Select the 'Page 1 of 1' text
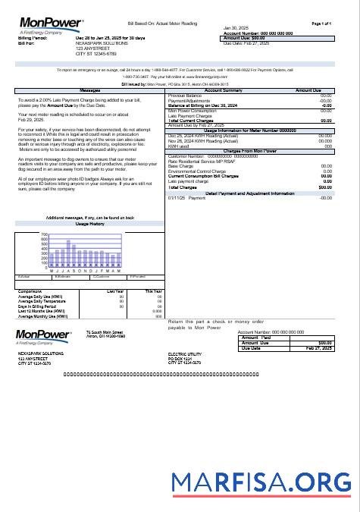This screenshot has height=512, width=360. pos(321,24)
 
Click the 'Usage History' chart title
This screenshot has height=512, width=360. pos(90,225)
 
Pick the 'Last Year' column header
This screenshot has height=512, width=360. pos(116,291)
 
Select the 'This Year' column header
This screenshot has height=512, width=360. pos(153,291)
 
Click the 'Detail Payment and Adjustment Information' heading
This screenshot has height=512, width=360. pos(250,193)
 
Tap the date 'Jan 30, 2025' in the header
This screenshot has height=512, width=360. pos(236,28)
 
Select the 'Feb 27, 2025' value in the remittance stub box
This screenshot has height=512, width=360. pos(316,348)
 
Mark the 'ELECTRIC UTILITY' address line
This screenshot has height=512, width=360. pos(185,353)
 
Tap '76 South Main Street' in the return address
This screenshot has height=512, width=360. pos(105,332)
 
